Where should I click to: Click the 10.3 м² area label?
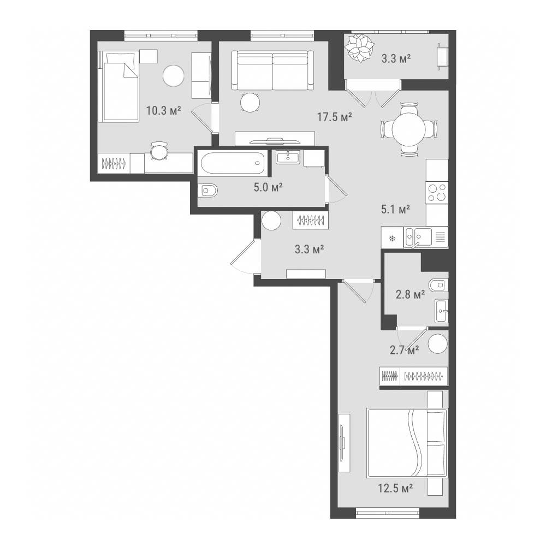[x=163, y=111]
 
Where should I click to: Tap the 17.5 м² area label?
[x=334, y=117]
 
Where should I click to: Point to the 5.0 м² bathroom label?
[x=268, y=188]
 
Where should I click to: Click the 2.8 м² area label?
[x=410, y=295]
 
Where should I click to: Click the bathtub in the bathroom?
[x=233, y=163]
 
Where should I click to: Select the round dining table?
[x=409, y=129]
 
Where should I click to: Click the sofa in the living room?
[x=272, y=70]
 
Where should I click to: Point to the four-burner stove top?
[x=437, y=193]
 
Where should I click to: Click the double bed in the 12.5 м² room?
[x=407, y=443]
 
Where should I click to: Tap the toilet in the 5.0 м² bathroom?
[x=210, y=191]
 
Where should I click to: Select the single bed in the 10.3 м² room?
[x=118, y=87]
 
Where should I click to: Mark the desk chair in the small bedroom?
[x=159, y=151]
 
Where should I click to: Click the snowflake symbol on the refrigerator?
[x=393, y=239]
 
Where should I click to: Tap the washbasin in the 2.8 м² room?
[x=441, y=311]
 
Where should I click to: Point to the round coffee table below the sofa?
[x=251, y=102]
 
